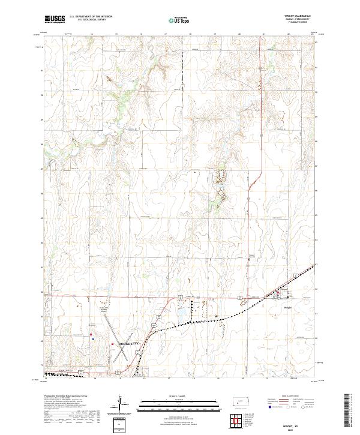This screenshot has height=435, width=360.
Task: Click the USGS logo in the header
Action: point(55,19)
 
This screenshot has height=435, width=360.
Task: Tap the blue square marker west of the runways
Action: point(94,338)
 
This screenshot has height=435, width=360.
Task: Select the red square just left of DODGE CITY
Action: point(112,344)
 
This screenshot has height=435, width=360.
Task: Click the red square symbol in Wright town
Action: point(278,292)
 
